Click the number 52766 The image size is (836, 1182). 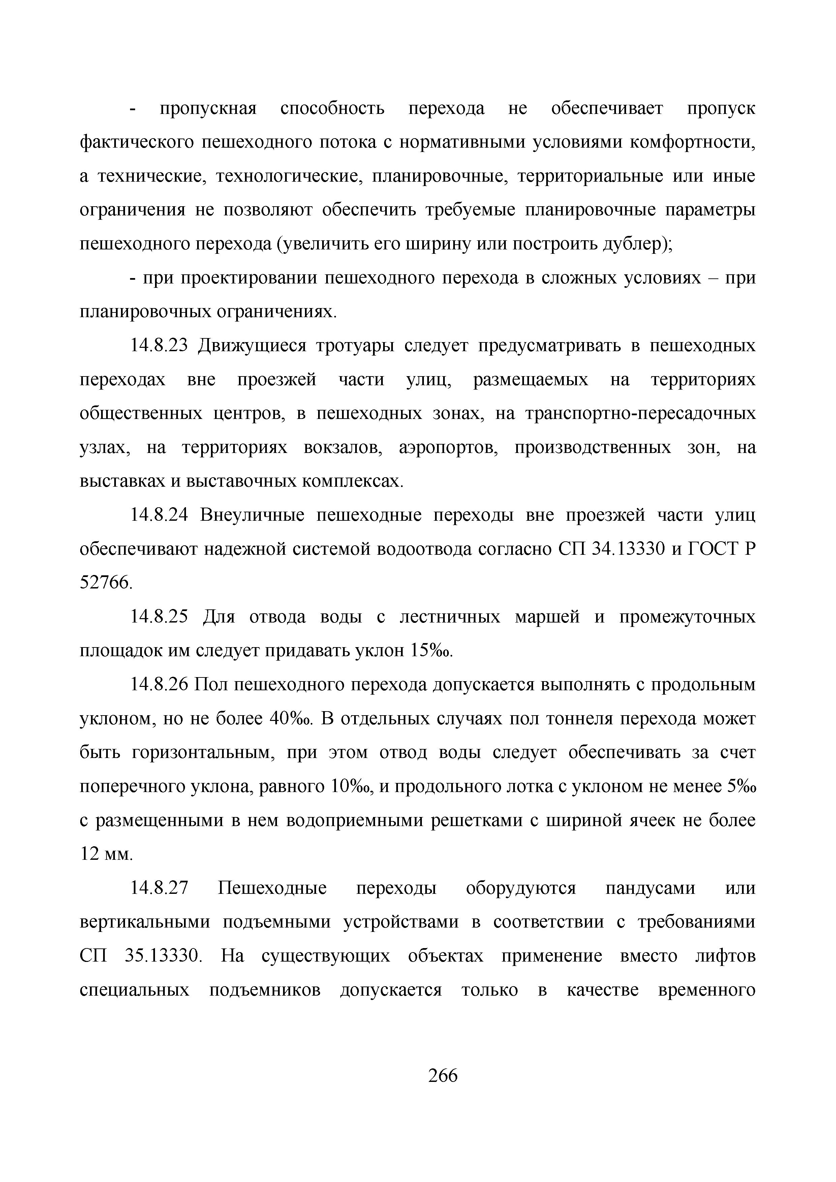tap(105, 583)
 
